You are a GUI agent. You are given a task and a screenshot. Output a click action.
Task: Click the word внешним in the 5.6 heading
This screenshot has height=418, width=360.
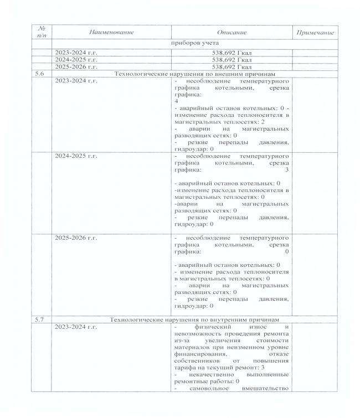241,73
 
